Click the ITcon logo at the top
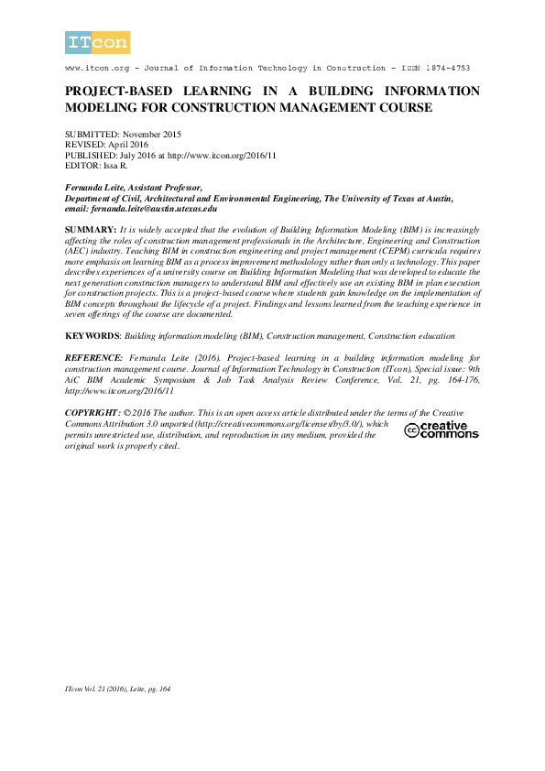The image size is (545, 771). click(97, 42)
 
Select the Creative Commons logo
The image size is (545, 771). click(441, 429)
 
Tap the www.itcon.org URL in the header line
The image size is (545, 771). click(97, 69)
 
